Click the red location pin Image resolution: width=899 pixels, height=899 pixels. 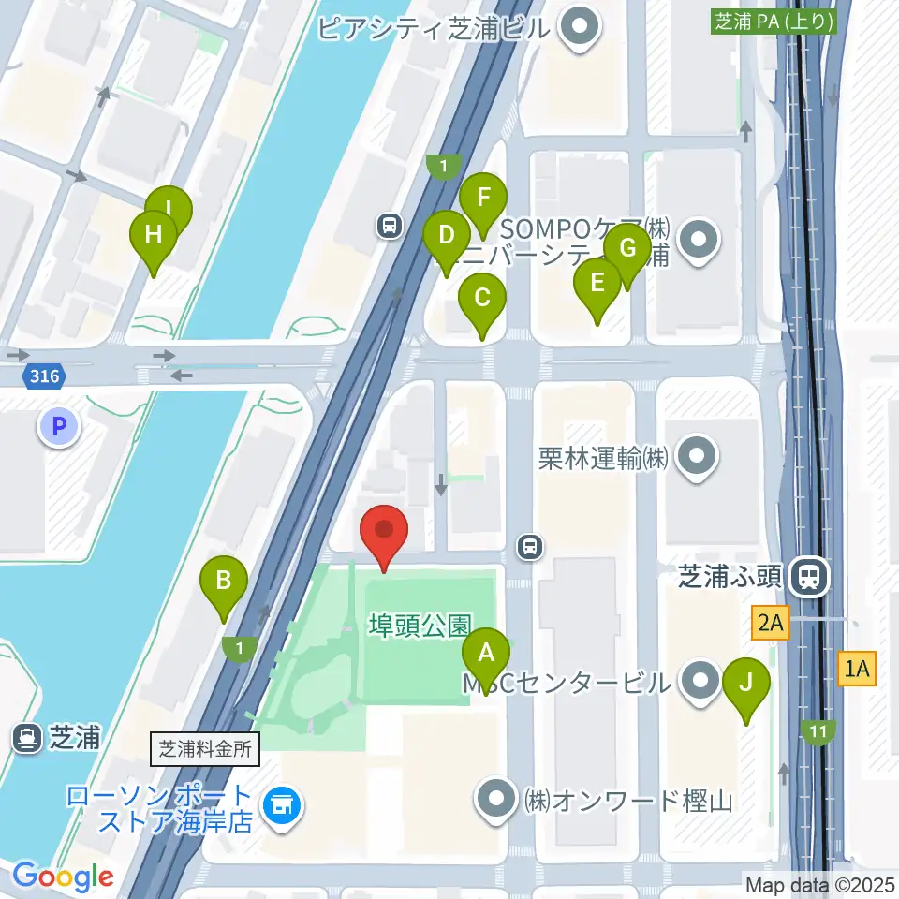point(384,532)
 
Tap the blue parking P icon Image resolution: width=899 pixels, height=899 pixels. point(59,428)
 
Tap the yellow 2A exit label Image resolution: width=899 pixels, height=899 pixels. point(770,622)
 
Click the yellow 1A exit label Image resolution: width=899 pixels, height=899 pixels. point(857,669)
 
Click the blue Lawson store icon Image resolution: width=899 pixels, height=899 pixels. point(278,803)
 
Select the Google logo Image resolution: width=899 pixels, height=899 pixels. point(64,877)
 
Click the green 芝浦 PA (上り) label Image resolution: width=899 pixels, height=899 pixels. point(774,22)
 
